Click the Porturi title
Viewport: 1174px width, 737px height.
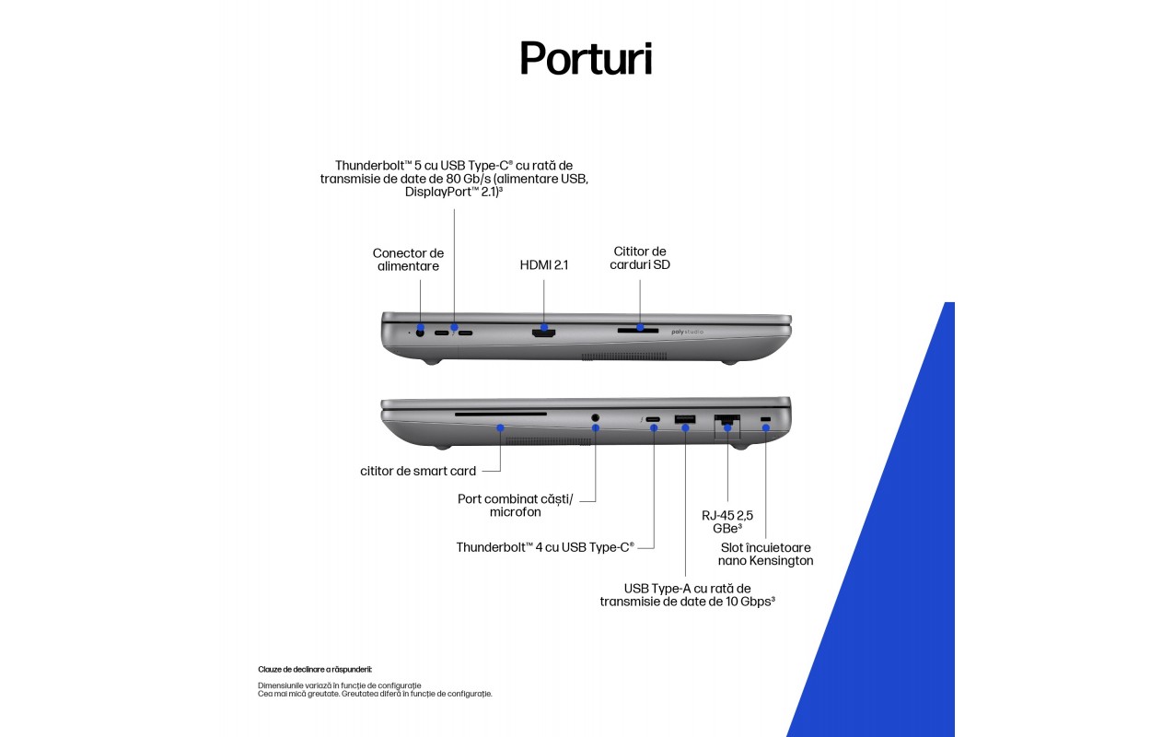click(586, 58)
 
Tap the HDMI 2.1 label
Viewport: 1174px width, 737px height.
click(543, 265)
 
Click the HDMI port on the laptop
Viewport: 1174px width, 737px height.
click(543, 333)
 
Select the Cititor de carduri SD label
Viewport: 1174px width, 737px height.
click(639, 258)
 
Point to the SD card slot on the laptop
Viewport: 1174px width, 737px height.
click(638, 331)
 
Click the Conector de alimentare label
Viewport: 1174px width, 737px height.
click(408, 260)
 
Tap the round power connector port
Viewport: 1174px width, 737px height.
click(420, 333)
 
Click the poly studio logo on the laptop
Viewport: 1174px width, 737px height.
click(687, 332)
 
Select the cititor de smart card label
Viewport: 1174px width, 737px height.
click(418, 471)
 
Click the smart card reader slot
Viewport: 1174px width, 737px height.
click(501, 415)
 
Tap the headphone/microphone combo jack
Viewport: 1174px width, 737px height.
click(595, 418)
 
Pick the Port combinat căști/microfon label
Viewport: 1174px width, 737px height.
click(516, 505)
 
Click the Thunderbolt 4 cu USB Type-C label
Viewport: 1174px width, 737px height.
click(545, 547)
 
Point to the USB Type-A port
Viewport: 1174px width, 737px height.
click(685, 419)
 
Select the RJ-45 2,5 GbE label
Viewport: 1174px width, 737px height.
click(727, 521)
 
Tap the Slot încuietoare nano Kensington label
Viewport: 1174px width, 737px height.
click(766, 554)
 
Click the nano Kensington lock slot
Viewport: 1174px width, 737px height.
click(766, 418)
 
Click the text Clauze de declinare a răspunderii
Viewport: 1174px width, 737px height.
click(315, 670)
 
